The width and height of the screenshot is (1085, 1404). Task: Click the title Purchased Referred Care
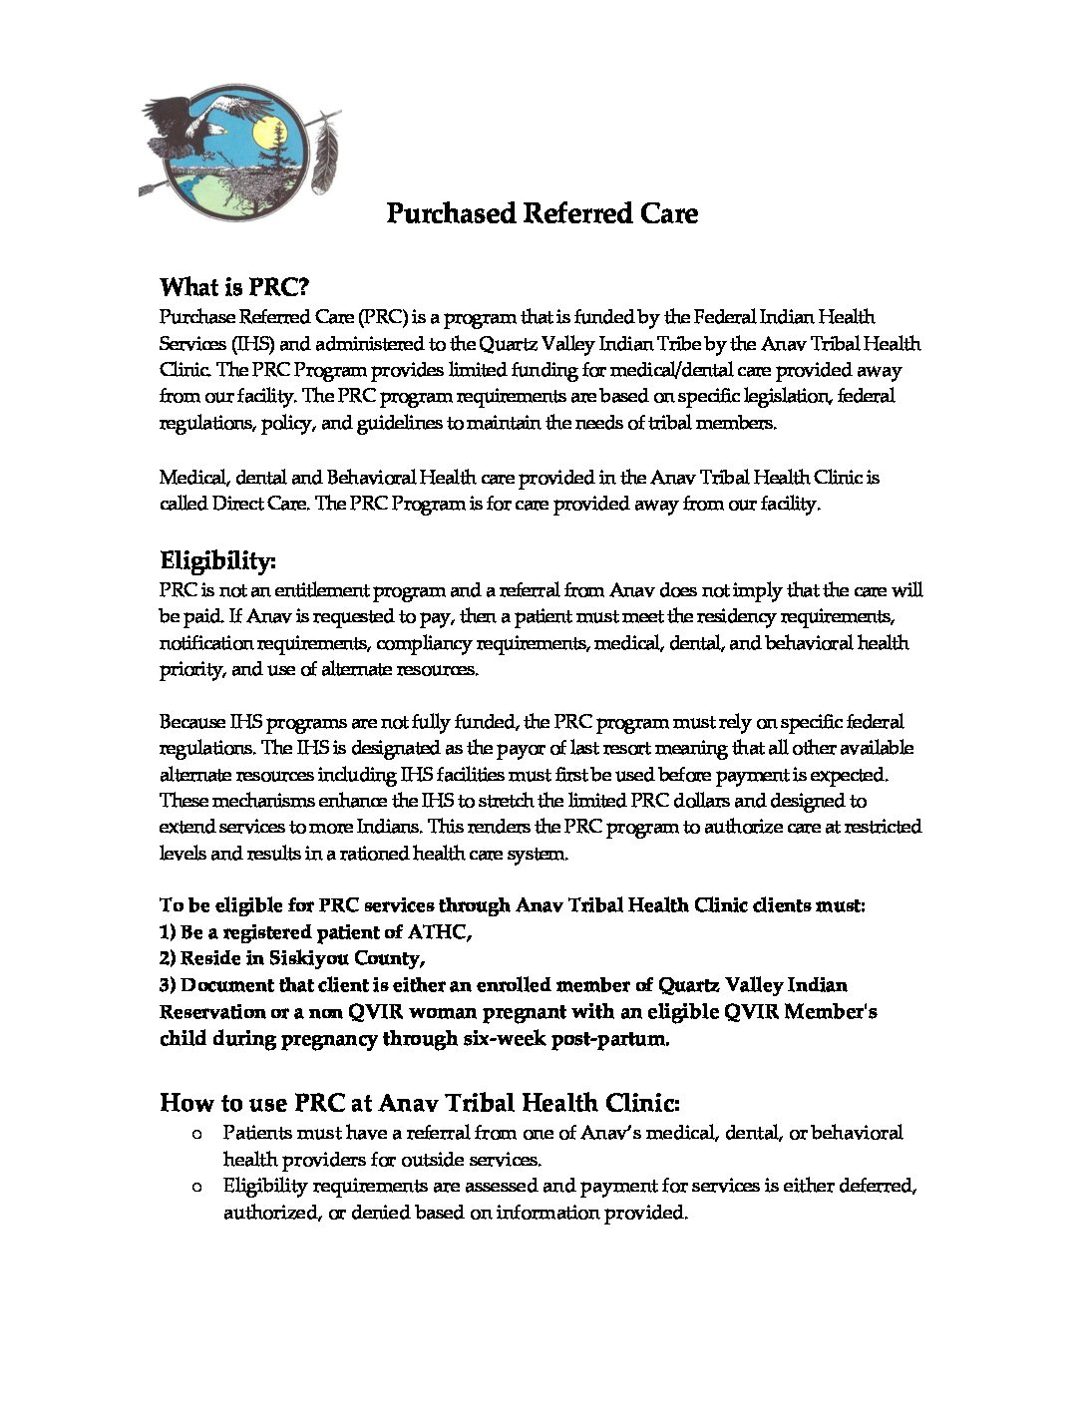(542, 213)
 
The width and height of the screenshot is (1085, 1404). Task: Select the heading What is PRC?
(235, 288)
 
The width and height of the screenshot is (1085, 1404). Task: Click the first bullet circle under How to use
(195, 1134)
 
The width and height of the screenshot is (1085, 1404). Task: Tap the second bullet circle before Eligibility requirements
(195, 1187)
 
